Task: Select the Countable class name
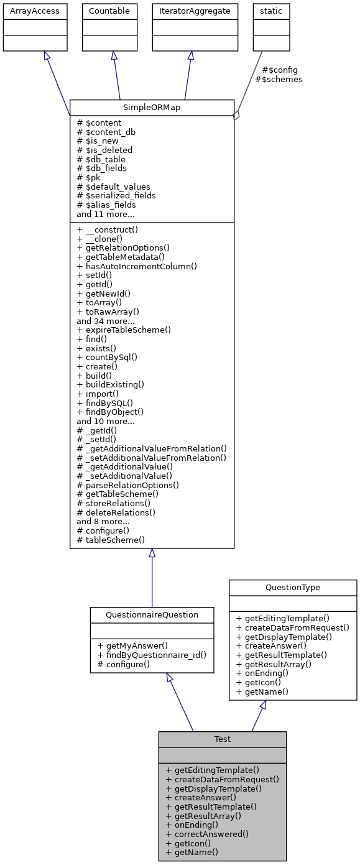point(110,11)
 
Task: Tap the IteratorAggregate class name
point(195,11)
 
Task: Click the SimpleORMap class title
point(152,107)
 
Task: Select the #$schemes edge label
point(279,79)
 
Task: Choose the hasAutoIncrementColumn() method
point(137,266)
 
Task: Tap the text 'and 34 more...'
point(106,320)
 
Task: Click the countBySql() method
point(107,357)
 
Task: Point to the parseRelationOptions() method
point(127,484)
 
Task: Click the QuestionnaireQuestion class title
point(152,614)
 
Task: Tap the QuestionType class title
point(292,587)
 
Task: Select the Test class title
point(222,739)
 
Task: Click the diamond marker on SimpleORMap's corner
point(236,116)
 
